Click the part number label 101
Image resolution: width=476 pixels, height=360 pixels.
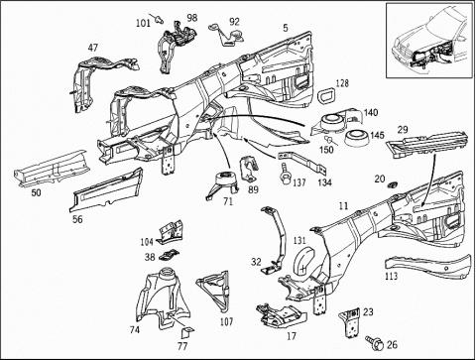(x=143, y=23)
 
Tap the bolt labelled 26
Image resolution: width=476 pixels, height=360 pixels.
(x=375, y=342)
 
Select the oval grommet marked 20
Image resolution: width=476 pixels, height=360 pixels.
(x=392, y=184)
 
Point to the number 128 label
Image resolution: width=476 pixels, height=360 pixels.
(x=342, y=83)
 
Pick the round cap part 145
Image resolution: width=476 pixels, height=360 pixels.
(x=357, y=138)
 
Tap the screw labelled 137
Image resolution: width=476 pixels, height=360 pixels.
(x=285, y=174)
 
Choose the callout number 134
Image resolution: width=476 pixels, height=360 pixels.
(x=324, y=182)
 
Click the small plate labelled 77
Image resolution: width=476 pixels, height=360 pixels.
(x=188, y=332)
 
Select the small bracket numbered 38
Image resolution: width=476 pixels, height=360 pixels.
(x=170, y=254)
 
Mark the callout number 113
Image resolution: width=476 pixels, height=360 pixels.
(x=391, y=276)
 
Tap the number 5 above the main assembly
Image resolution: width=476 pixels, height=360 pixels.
(x=286, y=28)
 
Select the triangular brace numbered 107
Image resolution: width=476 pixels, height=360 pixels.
(x=214, y=290)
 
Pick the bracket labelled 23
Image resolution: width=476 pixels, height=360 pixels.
(x=349, y=322)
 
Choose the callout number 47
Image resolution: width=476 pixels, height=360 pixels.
(x=93, y=48)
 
